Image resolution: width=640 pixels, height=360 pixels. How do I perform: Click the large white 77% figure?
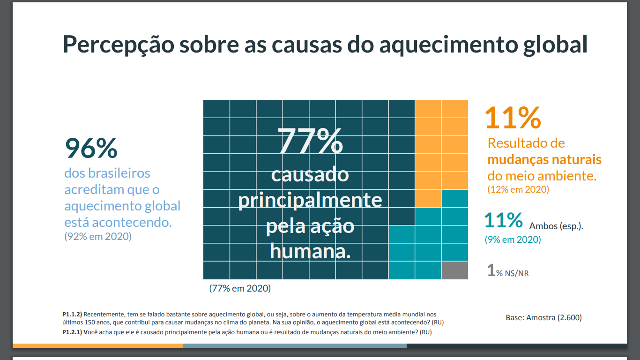coord(310,140)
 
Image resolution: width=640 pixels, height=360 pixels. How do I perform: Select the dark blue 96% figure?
coord(91,148)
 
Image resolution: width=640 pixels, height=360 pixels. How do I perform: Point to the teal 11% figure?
coord(503,220)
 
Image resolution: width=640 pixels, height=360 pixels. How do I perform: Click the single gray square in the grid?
coord(454,270)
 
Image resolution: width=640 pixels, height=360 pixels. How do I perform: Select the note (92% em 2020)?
coord(98,237)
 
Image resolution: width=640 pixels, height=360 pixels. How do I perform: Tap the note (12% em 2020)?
coord(518,190)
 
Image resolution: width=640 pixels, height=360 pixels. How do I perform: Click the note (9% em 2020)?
coord(513,240)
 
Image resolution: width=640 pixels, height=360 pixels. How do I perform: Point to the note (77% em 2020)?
coord(240,288)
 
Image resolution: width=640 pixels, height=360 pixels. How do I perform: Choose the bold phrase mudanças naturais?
coord(544,159)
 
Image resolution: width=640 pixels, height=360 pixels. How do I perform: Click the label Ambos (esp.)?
coord(556,226)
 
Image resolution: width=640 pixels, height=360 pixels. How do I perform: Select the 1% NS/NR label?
coord(508,271)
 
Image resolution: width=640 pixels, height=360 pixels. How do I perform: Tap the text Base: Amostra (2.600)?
coord(543,317)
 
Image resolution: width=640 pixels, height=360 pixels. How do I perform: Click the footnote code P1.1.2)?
coord(72,314)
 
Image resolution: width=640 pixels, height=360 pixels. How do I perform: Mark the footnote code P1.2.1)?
coord(72,332)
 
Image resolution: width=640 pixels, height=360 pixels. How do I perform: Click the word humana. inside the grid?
coord(310,252)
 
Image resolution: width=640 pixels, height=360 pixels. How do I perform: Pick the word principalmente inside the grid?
coord(310,201)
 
